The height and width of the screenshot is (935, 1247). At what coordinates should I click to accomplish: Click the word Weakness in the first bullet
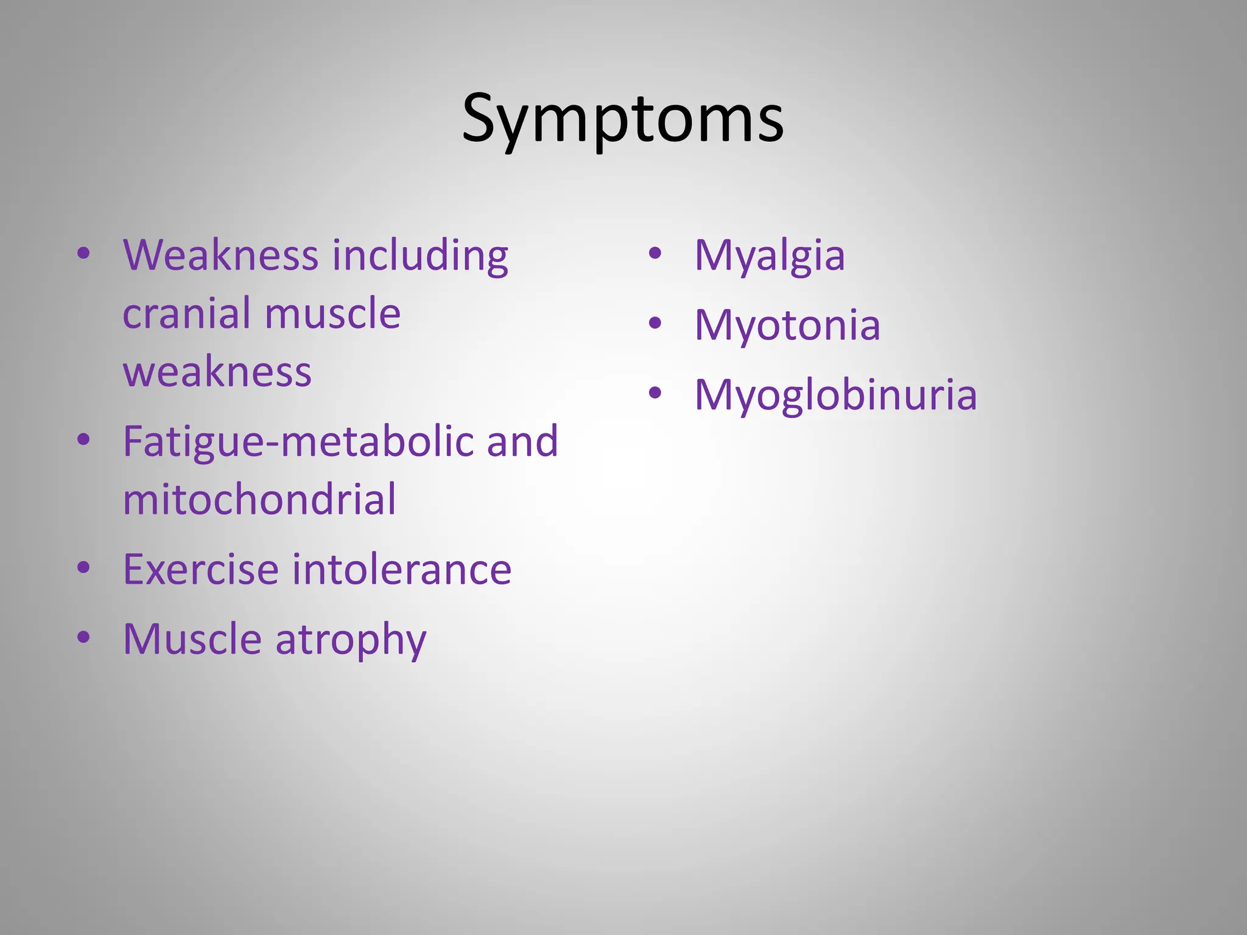[220, 255]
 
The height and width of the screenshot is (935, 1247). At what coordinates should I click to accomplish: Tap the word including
[420, 255]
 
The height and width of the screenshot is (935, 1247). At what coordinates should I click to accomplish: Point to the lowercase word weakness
[217, 372]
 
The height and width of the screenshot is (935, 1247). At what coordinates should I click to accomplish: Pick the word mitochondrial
[259, 500]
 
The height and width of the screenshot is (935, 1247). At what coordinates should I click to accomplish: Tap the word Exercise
[201, 570]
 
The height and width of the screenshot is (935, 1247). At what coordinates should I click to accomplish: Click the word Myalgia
[770, 256]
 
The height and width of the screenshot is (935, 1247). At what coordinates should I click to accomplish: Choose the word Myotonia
[787, 325]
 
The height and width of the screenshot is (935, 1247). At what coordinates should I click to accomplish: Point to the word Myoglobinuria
[835, 395]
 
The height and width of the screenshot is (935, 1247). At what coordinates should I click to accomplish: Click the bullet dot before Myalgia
[655, 253]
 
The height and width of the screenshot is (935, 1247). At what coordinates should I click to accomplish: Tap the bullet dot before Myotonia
[655, 323]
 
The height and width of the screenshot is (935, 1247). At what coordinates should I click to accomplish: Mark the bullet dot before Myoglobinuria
[655, 393]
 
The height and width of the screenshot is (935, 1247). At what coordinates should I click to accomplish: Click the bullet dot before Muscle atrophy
[83, 637]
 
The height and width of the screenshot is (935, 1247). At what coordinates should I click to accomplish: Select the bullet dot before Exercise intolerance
[83, 567]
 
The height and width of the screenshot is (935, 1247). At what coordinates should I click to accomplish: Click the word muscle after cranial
[332, 313]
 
